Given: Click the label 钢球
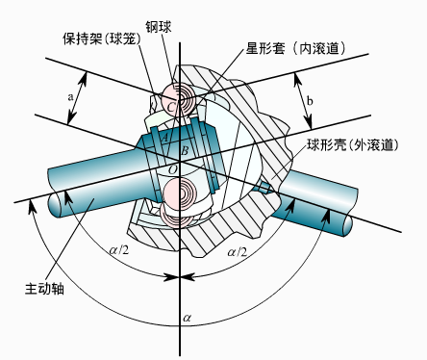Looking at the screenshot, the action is click(x=159, y=27).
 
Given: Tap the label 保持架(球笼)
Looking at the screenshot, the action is click(x=102, y=39).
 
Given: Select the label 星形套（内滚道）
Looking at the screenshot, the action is click(x=296, y=48).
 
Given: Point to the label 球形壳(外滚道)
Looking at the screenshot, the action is click(x=353, y=144).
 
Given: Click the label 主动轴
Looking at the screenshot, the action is click(x=44, y=289).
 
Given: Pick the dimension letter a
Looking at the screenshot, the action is click(x=70, y=96).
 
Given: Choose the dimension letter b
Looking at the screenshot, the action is click(x=310, y=101).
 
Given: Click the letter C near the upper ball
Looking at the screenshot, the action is click(x=171, y=107).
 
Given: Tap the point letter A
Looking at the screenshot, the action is click(x=164, y=138).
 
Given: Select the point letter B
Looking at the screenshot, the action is click(x=185, y=150).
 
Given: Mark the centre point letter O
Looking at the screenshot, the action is click(x=173, y=169).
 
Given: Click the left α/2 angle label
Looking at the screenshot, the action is click(x=119, y=250).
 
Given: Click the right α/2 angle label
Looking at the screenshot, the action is click(x=238, y=252).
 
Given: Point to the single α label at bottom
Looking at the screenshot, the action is click(x=187, y=318).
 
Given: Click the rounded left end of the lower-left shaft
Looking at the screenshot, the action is click(x=55, y=204).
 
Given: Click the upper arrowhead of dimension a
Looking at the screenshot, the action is click(x=84, y=79).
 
